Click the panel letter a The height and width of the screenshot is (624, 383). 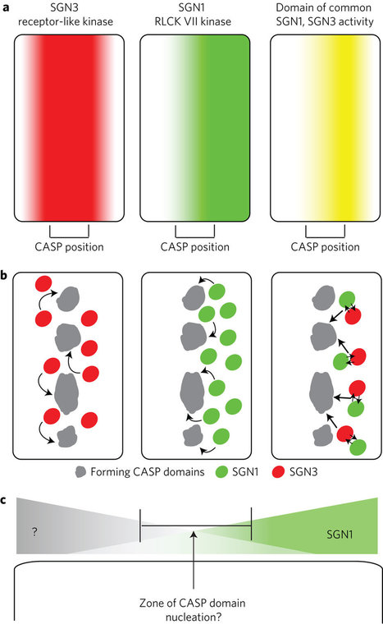click(x=6, y=7)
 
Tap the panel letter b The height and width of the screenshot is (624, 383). click(x=6, y=275)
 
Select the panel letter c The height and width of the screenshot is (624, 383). click(x=6, y=499)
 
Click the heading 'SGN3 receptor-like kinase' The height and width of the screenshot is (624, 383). click(x=66, y=14)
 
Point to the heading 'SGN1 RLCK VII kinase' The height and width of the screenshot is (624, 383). click(x=193, y=14)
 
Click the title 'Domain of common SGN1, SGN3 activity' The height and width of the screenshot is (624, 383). click(x=325, y=14)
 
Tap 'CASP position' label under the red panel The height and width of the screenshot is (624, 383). click(x=69, y=247)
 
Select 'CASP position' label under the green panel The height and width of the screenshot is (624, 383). click(x=195, y=247)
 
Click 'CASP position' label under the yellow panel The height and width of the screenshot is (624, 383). click(x=326, y=247)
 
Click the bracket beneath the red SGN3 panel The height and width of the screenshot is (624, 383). click(x=69, y=236)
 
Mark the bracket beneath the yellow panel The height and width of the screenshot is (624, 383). click(x=326, y=236)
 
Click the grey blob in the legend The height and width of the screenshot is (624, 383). click(x=80, y=472)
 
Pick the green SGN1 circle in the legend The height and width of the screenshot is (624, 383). click(x=221, y=472)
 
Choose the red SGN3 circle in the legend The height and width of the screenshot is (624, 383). click(x=278, y=472)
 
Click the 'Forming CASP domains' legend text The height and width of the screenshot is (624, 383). click(x=148, y=472)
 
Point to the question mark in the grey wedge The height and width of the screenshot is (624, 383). click(x=34, y=532)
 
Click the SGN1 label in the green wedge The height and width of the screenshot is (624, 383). click(x=340, y=534)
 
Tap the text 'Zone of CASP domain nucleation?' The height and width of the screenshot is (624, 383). click(x=193, y=610)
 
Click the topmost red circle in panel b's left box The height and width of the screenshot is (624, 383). click(x=43, y=284)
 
